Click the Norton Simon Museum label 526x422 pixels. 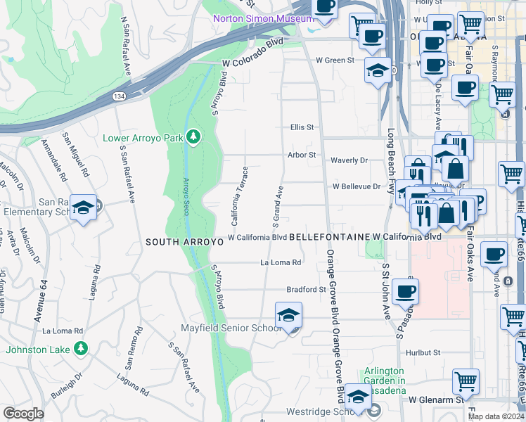264,18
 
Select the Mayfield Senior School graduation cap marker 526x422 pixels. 288,317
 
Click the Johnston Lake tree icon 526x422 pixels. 81,349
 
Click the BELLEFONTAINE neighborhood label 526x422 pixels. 329,238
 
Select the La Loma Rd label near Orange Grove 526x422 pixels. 281,262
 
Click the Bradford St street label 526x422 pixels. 307,289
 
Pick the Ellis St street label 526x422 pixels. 302,127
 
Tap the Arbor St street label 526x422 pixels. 300,155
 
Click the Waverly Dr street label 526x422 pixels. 349,160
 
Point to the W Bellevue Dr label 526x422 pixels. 357,186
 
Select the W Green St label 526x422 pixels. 335,60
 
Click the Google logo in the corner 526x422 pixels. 23,414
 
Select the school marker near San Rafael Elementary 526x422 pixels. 83,208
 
